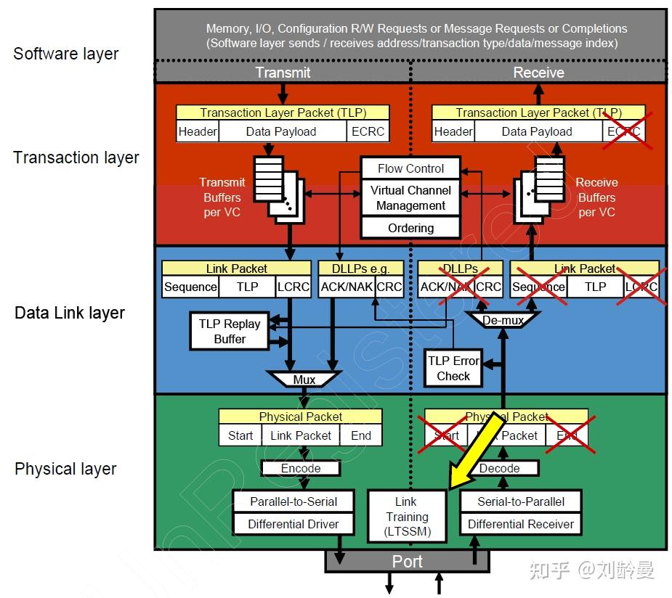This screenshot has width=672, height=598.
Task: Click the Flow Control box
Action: (410, 168)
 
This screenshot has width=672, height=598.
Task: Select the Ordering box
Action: (410, 228)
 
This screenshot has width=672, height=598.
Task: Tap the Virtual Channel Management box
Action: (410, 198)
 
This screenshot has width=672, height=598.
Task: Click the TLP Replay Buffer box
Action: (230, 332)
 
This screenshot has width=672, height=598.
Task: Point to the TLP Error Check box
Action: (453, 368)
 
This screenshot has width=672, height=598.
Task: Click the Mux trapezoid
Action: (304, 380)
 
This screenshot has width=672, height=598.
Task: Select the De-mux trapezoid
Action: (503, 320)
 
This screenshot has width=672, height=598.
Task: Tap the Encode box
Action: (301, 468)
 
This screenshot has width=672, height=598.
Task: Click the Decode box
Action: (499, 468)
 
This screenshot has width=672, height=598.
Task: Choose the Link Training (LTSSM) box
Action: (407, 517)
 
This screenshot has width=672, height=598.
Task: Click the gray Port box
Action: (407, 561)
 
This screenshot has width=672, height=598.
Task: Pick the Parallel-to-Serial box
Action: (294, 501)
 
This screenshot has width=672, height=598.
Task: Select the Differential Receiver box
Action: (520, 524)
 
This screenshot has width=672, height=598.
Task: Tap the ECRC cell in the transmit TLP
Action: (368, 131)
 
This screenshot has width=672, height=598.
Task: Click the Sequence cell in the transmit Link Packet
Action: (190, 287)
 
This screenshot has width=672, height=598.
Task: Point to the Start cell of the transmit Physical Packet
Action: (240, 435)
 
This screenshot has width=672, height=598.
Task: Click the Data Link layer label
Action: (70, 313)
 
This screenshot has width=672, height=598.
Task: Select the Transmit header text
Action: (283, 73)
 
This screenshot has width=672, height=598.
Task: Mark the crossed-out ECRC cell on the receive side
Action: (624, 131)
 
